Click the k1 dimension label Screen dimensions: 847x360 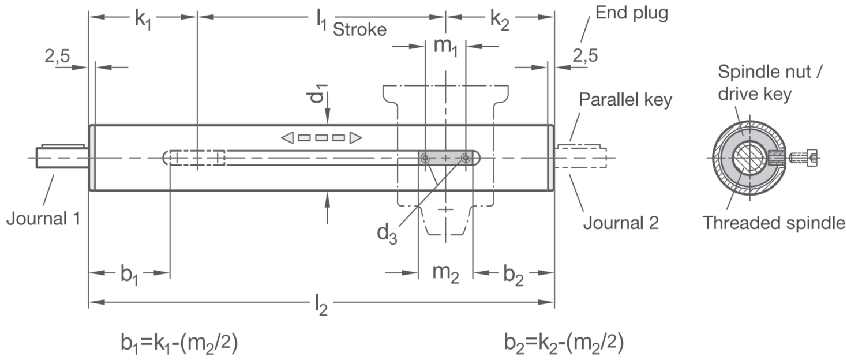point(143,20)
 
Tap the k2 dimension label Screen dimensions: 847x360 point(500,20)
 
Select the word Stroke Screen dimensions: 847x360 point(359,30)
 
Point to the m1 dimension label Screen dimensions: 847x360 point(445,47)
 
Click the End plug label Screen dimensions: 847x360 point(632,13)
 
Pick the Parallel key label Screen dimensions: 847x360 point(626,100)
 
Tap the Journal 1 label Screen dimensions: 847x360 point(43,219)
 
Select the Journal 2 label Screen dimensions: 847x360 point(621,223)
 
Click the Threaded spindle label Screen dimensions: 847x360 point(774,223)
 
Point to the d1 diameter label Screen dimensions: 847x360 point(317,93)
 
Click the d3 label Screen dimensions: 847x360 point(387,234)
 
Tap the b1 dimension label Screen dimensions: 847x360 point(129,275)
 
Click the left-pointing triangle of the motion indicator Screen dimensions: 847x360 point(287,138)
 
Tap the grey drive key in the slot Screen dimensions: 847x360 point(445,157)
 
